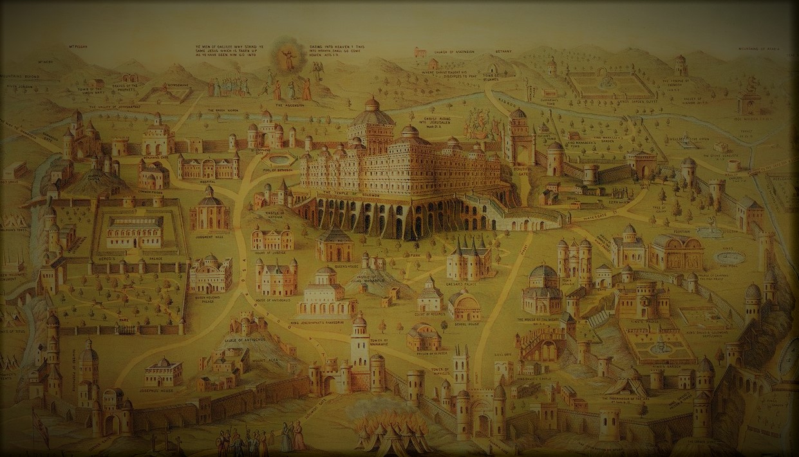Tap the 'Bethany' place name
pyautogui.click(x=504, y=49)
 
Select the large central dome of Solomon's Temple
pyautogui.click(x=371, y=115)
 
